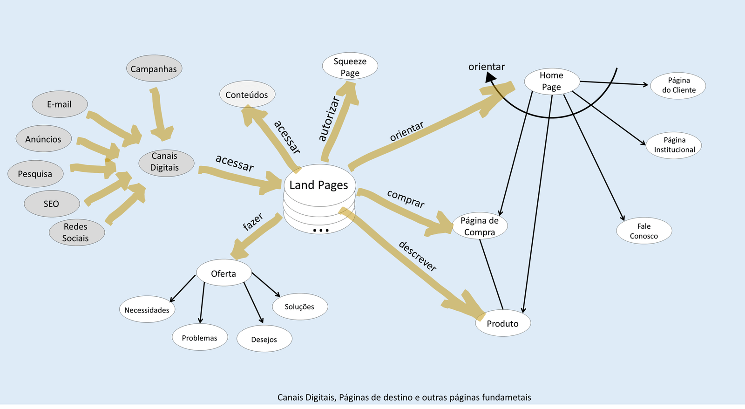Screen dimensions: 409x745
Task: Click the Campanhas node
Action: click(154, 69)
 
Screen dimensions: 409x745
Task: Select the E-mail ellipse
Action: click(60, 104)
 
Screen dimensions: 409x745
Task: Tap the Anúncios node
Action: click(43, 139)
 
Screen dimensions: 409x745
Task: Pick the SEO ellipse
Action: click(52, 204)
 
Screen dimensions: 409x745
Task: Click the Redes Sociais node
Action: click(76, 232)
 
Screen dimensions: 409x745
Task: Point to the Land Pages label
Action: click(319, 185)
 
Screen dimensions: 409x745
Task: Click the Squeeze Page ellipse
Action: click(350, 67)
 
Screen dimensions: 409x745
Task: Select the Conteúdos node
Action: click(247, 95)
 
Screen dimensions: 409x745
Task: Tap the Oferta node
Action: click(223, 273)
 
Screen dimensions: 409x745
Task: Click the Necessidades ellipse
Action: click(147, 310)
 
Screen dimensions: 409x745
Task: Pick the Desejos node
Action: click(264, 339)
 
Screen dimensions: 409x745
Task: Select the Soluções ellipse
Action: click(299, 307)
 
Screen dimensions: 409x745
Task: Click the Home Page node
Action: click(552, 81)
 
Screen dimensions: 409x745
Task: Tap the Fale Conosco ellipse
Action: click(644, 231)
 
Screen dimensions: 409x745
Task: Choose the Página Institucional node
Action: click(674, 145)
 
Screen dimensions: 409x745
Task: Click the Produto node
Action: click(503, 323)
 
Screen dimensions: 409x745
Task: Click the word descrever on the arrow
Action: click(418, 256)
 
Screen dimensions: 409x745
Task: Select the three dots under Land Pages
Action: click(321, 230)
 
